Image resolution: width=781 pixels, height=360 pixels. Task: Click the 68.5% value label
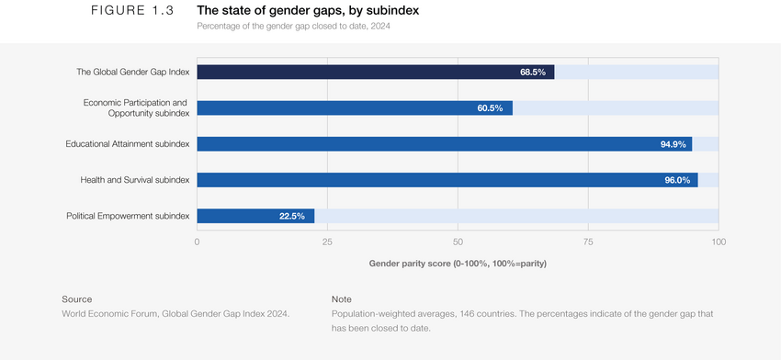[x=533, y=72]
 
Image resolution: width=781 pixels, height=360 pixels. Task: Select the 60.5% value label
[x=490, y=107]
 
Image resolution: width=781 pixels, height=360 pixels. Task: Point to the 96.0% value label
[x=677, y=180]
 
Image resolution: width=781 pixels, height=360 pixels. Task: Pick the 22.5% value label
[x=292, y=216]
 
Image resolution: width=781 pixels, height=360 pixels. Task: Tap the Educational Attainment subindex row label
[x=128, y=144]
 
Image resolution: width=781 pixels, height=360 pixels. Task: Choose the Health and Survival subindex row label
[x=135, y=180]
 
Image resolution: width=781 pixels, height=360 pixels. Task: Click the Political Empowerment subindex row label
[x=128, y=216]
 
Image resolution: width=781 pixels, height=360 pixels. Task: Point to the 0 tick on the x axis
[x=197, y=242]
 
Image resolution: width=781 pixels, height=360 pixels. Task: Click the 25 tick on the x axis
[x=327, y=242]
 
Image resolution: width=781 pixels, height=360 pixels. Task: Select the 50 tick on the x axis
[x=458, y=242]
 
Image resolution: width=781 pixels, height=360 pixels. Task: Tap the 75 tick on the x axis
[x=588, y=242]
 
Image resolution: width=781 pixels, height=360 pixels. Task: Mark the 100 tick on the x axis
[x=719, y=242]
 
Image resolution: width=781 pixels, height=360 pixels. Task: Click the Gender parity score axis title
[x=458, y=264]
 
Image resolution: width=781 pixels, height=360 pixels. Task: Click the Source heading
[x=76, y=298]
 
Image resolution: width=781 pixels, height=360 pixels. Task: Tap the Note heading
[x=341, y=298]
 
